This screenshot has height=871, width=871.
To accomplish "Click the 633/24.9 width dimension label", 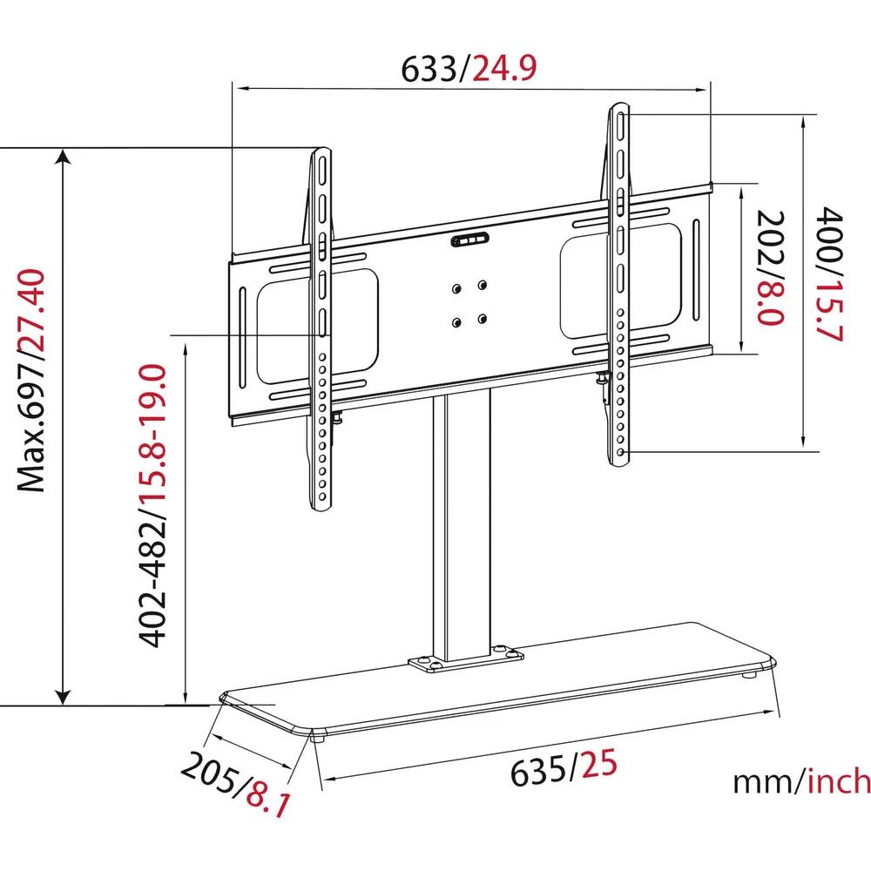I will (x=468, y=67).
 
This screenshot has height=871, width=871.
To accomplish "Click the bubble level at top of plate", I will (x=471, y=241).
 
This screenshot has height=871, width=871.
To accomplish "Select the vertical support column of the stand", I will (x=462, y=523).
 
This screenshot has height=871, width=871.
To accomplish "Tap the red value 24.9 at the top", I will (x=503, y=67).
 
